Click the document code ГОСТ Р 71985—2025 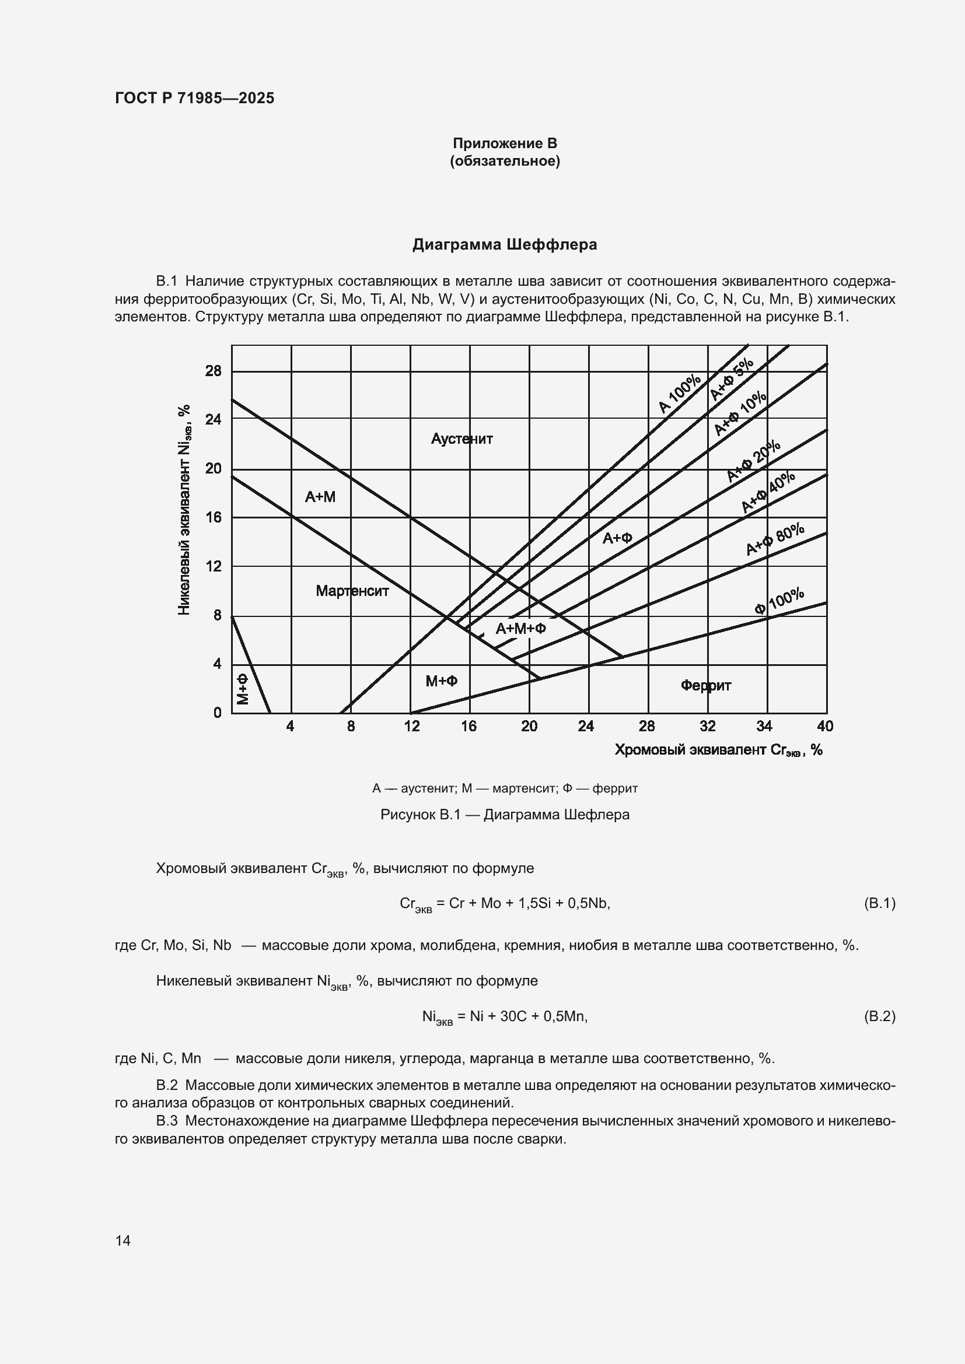point(194,98)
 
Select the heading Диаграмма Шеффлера point(505,245)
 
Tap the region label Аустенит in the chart point(461,439)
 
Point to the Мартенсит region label point(352,591)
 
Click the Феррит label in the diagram point(705,686)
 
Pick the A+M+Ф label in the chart point(520,629)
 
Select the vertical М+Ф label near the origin point(243,689)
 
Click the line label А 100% point(680,394)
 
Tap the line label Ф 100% point(779,601)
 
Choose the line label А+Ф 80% point(775,539)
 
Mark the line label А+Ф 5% point(732,381)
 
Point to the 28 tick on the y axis point(214,371)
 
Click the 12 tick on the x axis point(411,727)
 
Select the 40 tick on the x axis point(825,727)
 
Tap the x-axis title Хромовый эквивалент point(718,751)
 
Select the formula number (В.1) point(879,903)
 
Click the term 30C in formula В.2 point(514,1016)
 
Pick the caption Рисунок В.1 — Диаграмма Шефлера point(505,815)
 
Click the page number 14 point(123,1240)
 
